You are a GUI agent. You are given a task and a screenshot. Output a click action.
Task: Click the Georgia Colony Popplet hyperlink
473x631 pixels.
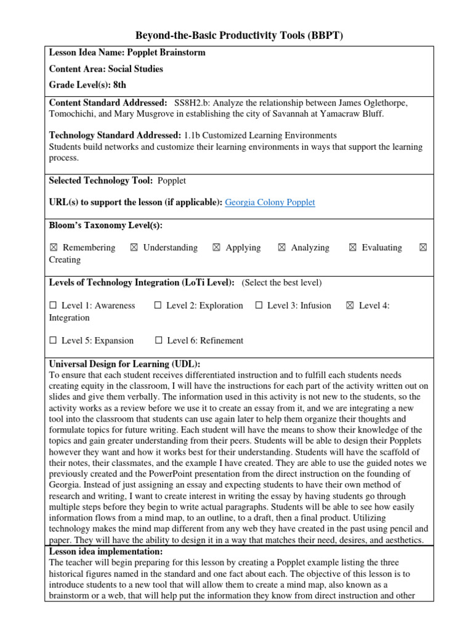pos(270,203)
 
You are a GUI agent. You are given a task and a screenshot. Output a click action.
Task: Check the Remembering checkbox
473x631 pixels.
pos(54,248)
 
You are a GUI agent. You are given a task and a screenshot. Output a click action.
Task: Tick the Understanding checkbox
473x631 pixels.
pos(134,248)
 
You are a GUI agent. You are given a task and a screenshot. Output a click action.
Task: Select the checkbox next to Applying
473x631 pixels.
pos(216,248)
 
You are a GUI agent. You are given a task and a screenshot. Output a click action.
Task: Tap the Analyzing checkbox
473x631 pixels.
pos(281,248)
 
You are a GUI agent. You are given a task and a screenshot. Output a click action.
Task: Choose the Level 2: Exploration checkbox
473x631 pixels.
pos(158,306)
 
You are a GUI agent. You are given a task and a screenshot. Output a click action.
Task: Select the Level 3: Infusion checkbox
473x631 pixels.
pos(259,306)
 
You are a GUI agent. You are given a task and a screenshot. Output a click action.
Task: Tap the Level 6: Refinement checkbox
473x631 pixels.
pos(158,341)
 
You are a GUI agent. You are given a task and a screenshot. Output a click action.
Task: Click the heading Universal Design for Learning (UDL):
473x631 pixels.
pos(124,364)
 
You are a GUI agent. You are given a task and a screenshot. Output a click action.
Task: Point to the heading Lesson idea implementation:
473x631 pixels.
pos(106,552)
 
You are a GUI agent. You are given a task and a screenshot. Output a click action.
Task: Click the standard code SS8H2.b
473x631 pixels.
pos(194,102)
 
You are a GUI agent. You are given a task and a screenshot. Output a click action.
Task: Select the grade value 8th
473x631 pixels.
pos(120,85)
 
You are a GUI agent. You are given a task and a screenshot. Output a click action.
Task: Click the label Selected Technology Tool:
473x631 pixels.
pos(100,181)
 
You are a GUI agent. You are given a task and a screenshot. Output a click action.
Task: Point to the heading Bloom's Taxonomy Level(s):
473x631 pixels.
pos(105,226)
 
